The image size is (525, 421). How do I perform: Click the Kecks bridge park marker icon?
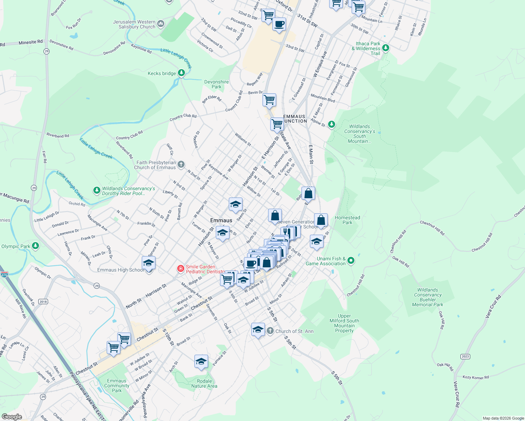[181, 73]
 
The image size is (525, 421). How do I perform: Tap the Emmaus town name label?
[221, 220]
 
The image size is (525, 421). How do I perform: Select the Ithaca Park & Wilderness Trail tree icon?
[386, 48]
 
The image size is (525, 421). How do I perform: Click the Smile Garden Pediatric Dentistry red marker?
[180, 269]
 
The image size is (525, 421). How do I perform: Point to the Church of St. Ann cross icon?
[270, 331]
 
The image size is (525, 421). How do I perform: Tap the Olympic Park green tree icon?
[35, 246]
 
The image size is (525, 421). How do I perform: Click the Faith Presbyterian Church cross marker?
[181, 164]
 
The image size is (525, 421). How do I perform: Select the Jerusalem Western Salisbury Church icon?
[161, 24]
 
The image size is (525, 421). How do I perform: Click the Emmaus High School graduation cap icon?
[149, 263]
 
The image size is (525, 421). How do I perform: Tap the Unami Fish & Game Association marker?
[351, 261]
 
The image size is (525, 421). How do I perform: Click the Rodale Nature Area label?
[204, 383]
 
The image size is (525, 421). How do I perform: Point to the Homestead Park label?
[347, 220]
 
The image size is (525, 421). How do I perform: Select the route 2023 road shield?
[465, 356]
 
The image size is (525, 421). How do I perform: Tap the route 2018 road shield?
[43, 302]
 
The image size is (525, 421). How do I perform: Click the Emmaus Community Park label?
[117, 386]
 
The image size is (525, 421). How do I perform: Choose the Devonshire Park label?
[217, 84]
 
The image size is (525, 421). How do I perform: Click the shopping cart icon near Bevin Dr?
[270, 100]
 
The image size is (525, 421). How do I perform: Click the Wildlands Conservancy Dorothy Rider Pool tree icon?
[97, 191]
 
